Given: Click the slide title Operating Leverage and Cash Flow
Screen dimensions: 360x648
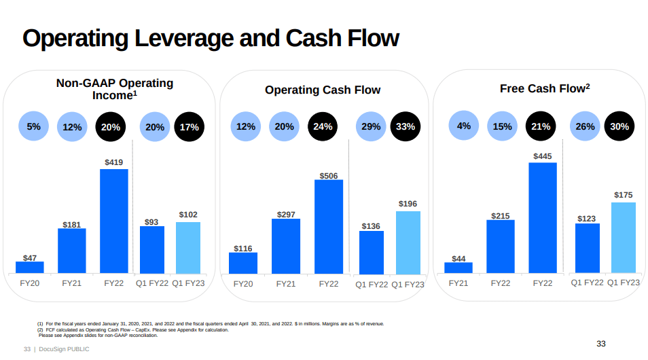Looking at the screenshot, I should [x=211, y=38].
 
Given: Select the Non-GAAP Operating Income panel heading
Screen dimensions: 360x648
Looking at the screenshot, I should [x=115, y=89].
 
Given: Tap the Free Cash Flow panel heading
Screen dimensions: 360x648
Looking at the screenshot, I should [x=545, y=89].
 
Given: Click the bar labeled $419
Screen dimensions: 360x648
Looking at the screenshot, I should [x=114, y=221].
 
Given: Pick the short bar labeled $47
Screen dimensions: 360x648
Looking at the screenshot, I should [x=30, y=267].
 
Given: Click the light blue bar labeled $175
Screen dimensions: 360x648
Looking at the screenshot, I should [x=624, y=237].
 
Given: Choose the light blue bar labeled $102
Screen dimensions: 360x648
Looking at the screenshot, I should [x=188, y=247].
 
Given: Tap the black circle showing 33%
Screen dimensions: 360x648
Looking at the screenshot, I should [x=406, y=126].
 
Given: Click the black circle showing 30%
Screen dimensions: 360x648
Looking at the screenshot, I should [x=619, y=126].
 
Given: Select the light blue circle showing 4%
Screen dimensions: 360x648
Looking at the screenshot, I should [x=464, y=126].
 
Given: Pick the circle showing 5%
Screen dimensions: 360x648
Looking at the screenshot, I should [x=34, y=126].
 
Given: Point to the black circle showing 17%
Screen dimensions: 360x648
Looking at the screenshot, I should [x=190, y=127].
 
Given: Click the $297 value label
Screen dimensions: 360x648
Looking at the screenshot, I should [x=286, y=215].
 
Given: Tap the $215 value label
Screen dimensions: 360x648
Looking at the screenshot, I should [x=500, y=216].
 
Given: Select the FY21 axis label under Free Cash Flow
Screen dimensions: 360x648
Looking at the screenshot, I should [x=458, y=283].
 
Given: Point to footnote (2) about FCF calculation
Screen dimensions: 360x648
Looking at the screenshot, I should [x=132, y=329].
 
